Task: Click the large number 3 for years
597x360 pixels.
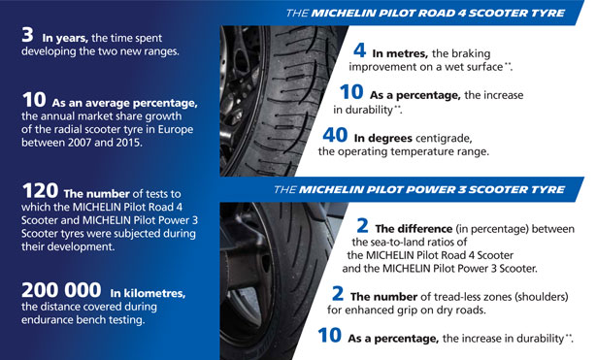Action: click(x=27, y=35)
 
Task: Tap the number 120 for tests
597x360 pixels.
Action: click(x=40, y=190)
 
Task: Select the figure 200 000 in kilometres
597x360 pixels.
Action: click(x=61, y=290)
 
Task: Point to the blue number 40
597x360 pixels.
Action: click(x=335, y=135)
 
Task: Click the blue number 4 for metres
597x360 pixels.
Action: click(x=360, y=50)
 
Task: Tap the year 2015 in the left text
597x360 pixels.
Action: click(x=128, y=143)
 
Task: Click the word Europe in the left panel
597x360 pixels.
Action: click(x=176, y=130)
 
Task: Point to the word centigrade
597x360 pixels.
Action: click(x=444, y=138)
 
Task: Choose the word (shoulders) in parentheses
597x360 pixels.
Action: click(x=542, y=297)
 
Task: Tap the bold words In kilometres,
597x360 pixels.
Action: click(x=148, y=293)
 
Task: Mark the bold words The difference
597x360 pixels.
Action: click(x=414, y=229)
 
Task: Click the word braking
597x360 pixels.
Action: click(x=472, y=53)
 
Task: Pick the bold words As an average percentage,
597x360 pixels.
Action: click(x=125, y=104)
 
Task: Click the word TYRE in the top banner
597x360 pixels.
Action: click(x=549, y=14)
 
